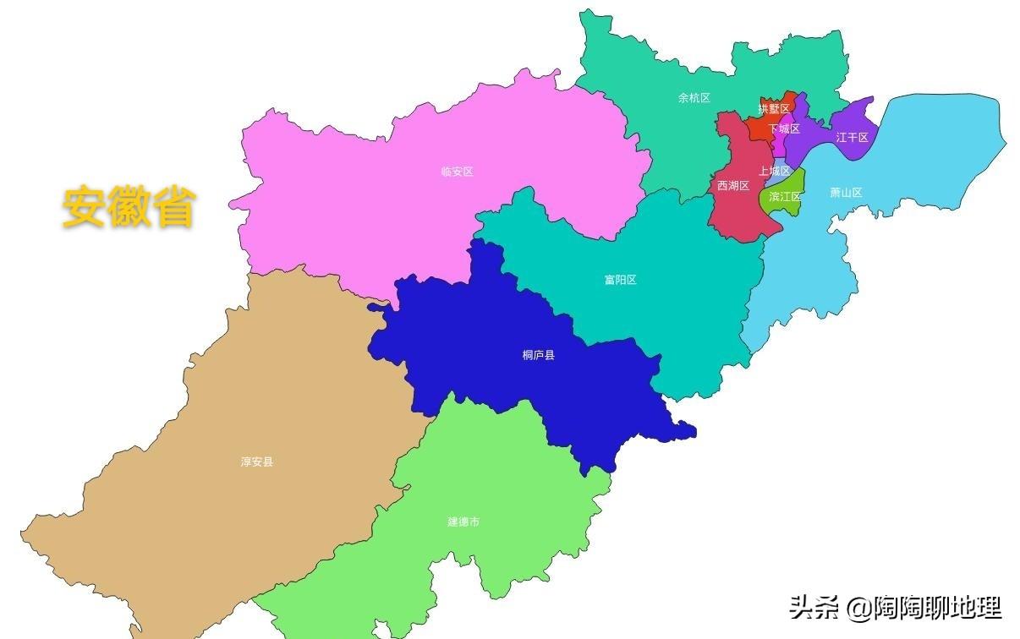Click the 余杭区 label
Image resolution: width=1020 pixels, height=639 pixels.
tap(694, 98)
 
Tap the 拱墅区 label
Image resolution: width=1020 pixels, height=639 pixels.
tap(774, 108)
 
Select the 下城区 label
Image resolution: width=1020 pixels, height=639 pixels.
tap(784, 129)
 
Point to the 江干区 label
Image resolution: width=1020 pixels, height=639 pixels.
tap(852, 137)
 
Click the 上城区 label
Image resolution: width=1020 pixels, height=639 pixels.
tap(774, 171)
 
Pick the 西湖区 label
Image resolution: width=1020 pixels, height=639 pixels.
tap(733, 186)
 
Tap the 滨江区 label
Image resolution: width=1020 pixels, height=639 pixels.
tap(785, 196)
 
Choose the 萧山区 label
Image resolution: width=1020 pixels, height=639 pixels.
tap(846, 193)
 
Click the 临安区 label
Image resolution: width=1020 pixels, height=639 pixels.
tap(457, 172)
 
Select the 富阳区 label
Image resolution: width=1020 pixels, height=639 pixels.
tap(620, 280)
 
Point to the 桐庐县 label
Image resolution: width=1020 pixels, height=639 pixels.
tap(539, 355)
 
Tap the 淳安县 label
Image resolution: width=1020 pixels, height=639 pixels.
tap(257, 462)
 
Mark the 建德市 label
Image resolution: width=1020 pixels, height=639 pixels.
tap(463, 522)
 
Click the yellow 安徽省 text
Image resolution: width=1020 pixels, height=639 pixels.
tap(129, 206)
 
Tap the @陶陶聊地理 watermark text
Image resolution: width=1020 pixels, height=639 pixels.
tap(924, 607)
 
